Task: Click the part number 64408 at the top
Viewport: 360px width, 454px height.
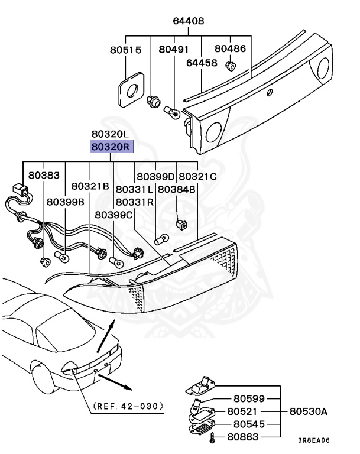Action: (188, 21)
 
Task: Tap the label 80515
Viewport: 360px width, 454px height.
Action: (125, 51)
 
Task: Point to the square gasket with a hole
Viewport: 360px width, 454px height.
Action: (130, 89)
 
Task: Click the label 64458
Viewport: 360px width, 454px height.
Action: (202, 62)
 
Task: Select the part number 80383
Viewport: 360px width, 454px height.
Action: (44, 176)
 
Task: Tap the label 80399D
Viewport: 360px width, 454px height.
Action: (155, 176)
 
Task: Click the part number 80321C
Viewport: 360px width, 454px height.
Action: (197, 176)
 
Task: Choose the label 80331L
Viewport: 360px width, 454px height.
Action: (134, 189)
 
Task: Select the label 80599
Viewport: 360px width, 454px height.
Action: (248, 399)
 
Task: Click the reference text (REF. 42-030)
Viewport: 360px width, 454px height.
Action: (127, 407)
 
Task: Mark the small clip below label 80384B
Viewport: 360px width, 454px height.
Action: (181, 224)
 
